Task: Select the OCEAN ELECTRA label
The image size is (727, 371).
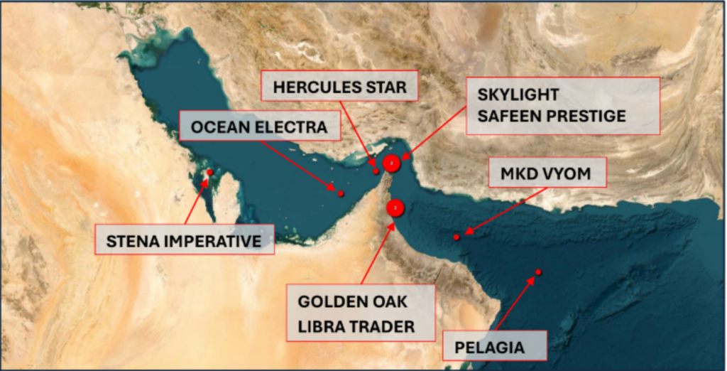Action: click(259, 127)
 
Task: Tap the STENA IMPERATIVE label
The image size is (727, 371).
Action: click(185, 241)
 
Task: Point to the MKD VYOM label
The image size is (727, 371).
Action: click(545, 173)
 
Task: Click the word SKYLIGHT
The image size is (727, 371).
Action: click(518, 95)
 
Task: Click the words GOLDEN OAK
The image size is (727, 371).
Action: click(353, 301)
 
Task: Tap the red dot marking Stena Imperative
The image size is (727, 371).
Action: click(210, 172)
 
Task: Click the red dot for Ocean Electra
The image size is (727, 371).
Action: click(341, 193)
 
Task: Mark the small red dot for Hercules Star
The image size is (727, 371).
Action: click(376, 171)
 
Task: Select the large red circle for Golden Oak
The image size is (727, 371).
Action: click(395, 208)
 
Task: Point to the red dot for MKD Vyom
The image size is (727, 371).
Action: click(457, 237)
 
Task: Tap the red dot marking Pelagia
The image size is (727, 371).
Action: click(539, 272)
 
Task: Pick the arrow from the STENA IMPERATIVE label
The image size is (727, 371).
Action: click(195, 203)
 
